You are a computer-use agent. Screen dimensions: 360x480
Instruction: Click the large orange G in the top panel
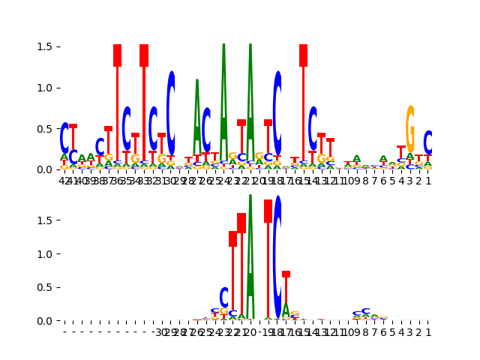point(410,129)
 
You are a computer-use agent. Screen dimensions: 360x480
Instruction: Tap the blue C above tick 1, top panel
point(428,142)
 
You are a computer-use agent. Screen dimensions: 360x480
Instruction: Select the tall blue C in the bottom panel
point(277,256)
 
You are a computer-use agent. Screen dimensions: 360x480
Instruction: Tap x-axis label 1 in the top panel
point(428,180)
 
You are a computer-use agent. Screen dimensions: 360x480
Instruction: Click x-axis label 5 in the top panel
point(392,180)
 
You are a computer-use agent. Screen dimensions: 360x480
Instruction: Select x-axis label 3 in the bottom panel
point(410,331)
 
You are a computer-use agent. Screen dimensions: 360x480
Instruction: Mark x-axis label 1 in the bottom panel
point(428,331)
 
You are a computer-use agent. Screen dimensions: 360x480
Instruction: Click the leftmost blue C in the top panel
point(64,138)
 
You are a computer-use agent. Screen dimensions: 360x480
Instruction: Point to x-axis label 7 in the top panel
point(375,180)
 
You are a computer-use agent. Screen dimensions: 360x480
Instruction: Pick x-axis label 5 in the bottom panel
point(392,331)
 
